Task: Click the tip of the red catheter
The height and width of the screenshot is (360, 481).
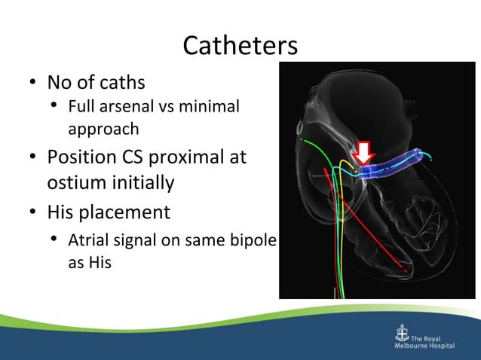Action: [406, 270]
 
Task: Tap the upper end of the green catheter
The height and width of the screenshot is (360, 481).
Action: [299, 139]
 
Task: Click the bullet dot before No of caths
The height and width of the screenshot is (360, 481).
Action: [33, 82]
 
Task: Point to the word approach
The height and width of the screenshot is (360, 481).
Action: [103, 129]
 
